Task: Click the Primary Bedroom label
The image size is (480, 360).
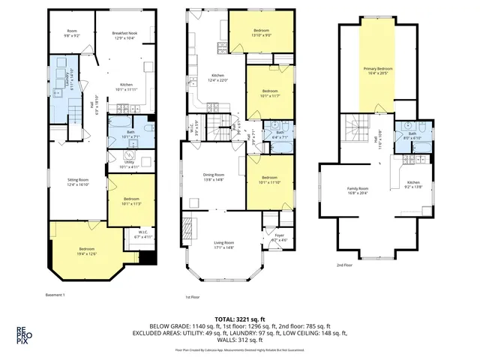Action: coord(378,71)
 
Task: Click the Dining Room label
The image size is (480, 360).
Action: coord(214,177)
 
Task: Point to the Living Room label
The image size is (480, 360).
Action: coord(224,244)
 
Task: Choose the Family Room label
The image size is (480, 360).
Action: coord(358,190)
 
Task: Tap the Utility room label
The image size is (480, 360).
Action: coord(130,165)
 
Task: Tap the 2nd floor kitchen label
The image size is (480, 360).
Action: coord(413,184)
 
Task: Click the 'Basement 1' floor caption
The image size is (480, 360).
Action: coord(55,294)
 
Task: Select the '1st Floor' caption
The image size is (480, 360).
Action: coord(192,297)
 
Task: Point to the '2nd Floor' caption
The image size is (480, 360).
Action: coord(346,265)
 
